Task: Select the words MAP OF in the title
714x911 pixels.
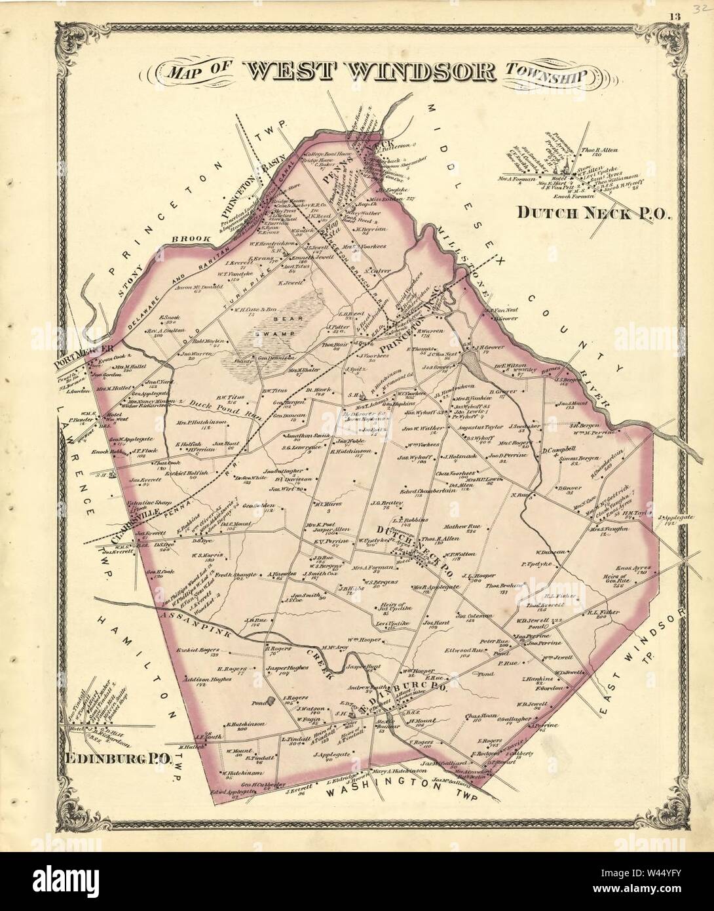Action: (x=195, y=70)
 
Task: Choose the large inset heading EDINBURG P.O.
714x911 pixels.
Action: (x=118, y=759)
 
